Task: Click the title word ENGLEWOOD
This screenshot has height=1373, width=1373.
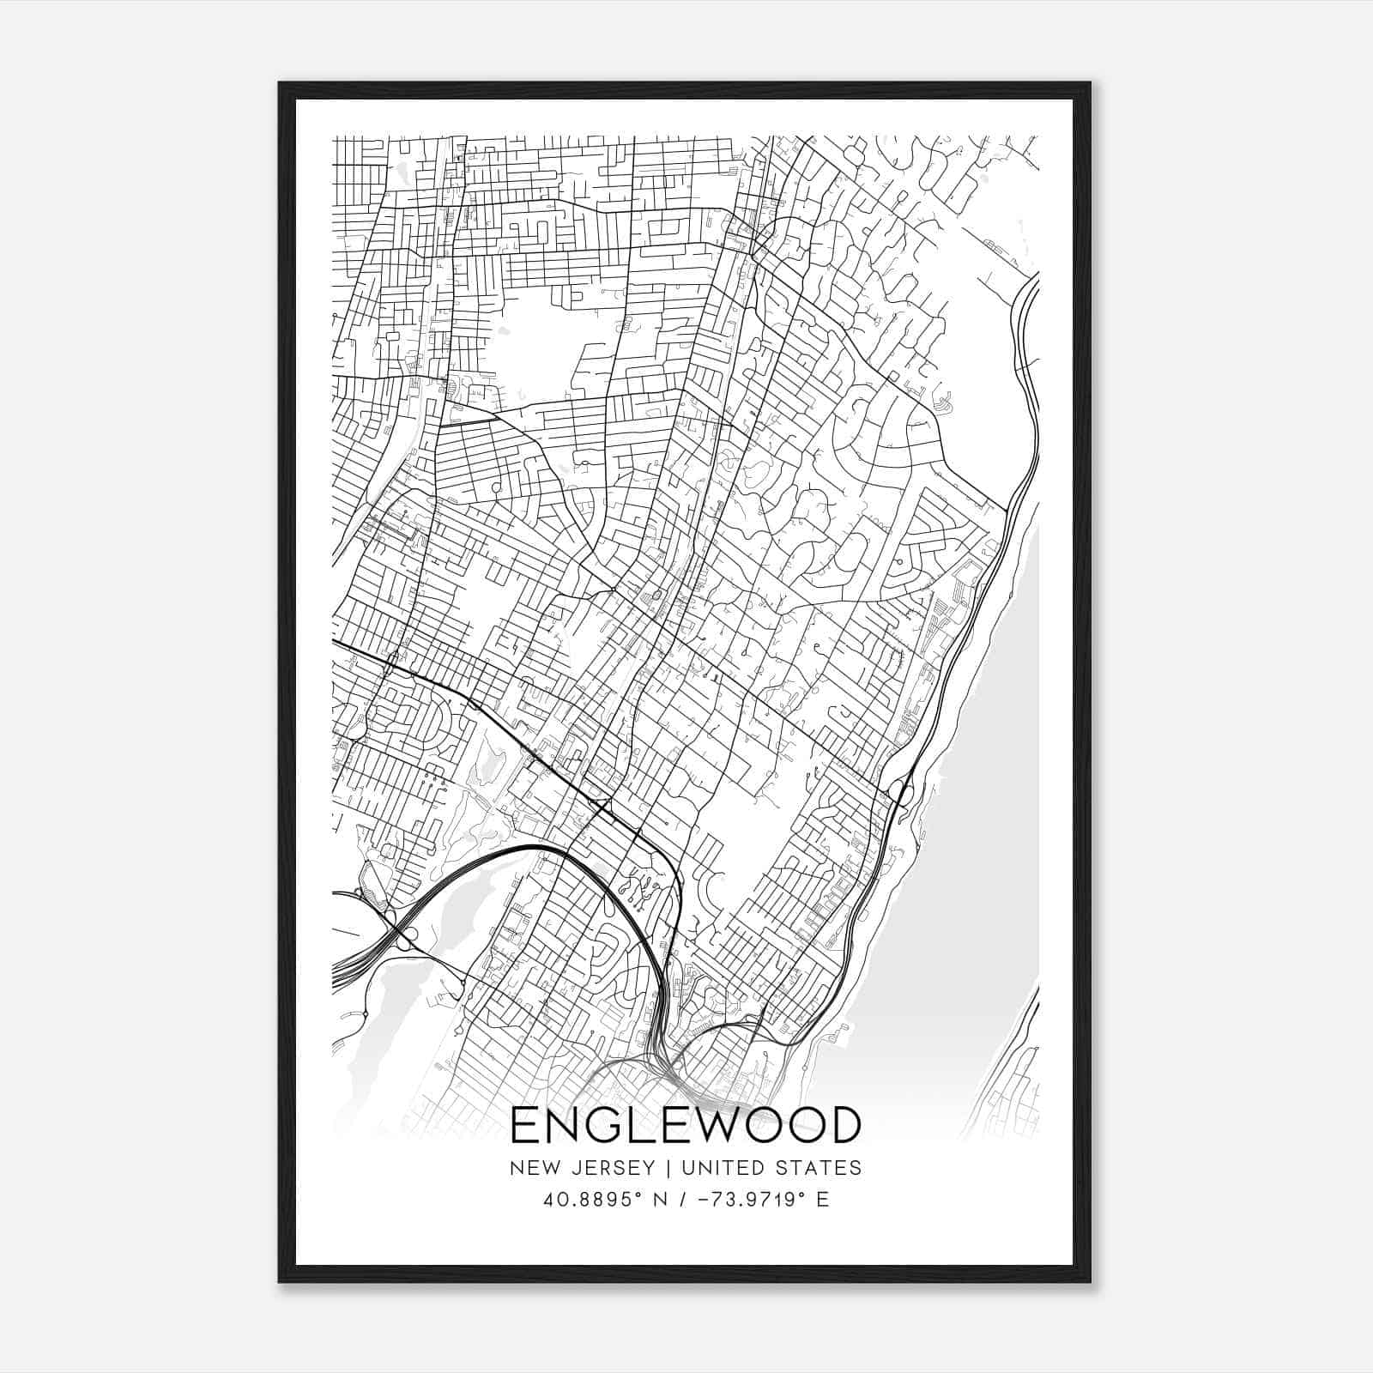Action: click(685, 1125)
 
